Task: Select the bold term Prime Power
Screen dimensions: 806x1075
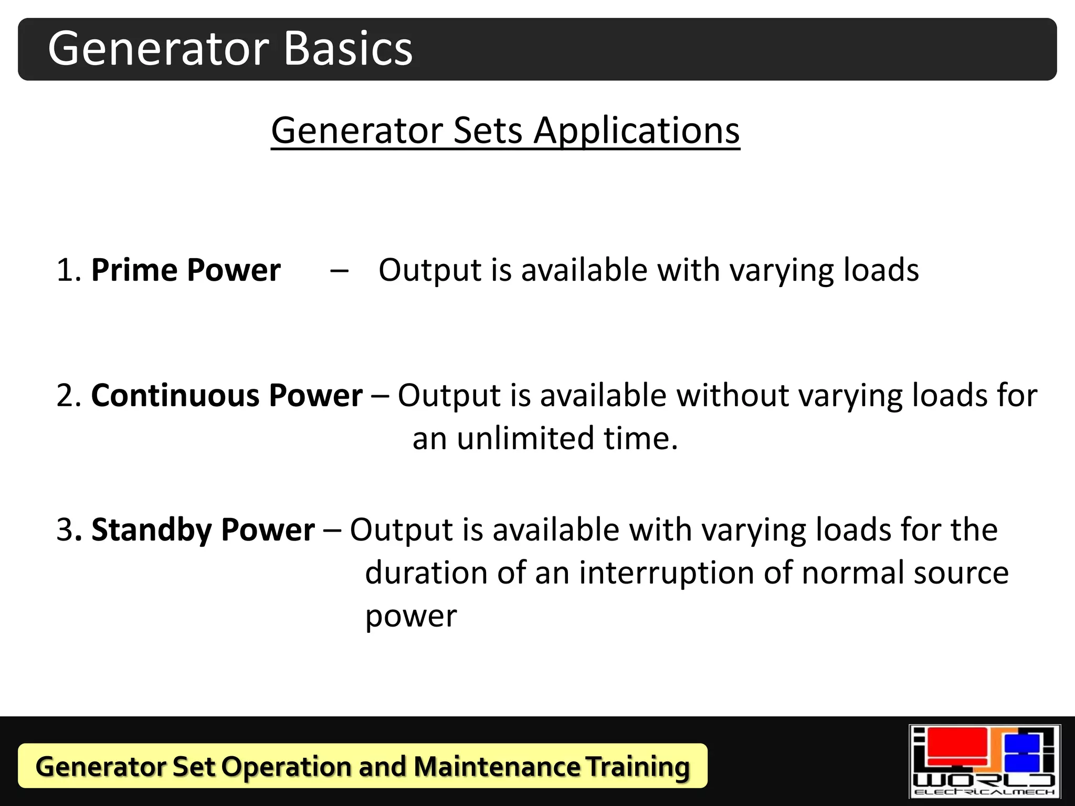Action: click(x=186, y=270)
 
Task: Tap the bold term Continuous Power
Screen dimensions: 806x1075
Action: click(x=227, y=395)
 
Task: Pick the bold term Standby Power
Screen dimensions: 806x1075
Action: click(x=203, y=529)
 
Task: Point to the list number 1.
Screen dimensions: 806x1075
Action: click(x=66, y=271)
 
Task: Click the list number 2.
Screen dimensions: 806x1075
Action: click(x=66, y=396)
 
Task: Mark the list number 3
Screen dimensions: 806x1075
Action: click(x=65, y=530)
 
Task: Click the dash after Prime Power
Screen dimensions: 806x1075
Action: click(x=339, y=271)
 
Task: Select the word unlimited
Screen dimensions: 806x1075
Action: click(x=526, y=439)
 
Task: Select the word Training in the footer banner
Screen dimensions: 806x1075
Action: click(x=637, y=767)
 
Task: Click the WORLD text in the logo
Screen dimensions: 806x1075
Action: click(x=984, y=780)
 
